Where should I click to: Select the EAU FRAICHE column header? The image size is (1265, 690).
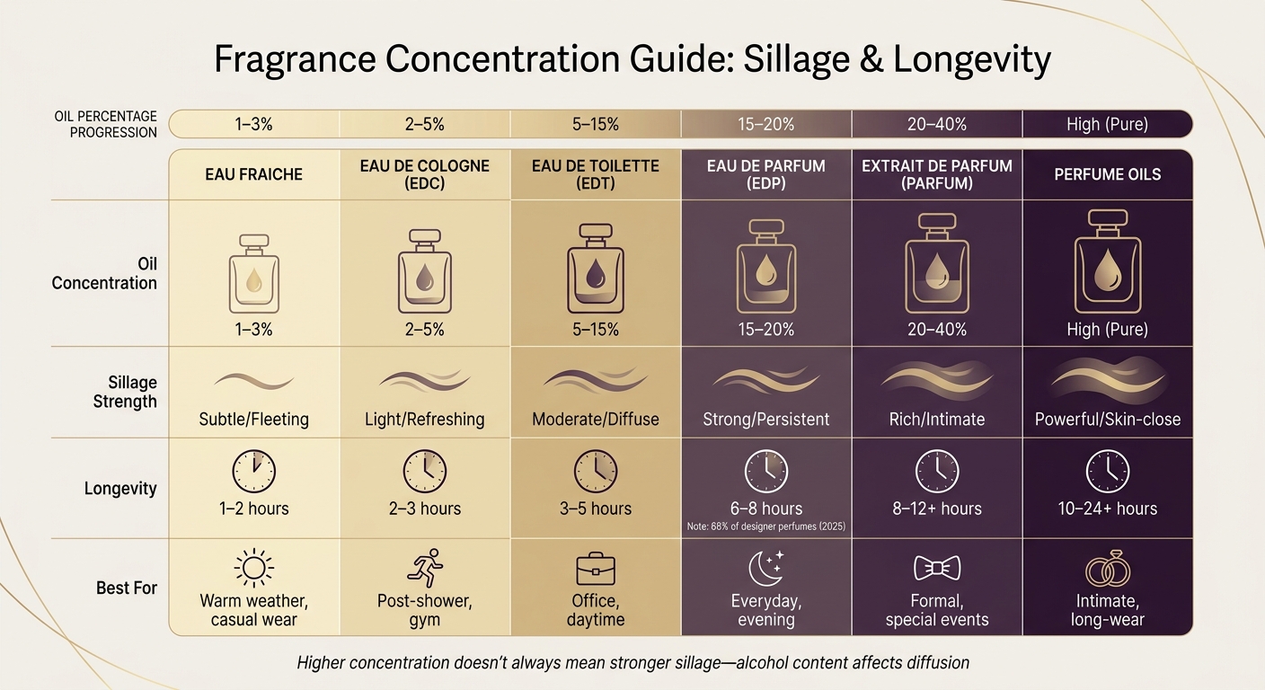253,174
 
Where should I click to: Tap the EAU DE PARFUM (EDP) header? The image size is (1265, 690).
765,174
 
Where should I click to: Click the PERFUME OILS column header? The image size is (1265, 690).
1107,174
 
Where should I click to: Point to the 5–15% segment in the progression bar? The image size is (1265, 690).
595,124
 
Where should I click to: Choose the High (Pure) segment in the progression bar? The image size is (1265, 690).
1107,124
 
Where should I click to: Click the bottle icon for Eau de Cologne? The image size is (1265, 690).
424,270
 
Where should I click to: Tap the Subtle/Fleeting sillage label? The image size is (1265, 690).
253,419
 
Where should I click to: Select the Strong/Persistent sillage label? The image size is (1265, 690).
765,419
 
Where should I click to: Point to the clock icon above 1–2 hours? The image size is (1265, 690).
253,471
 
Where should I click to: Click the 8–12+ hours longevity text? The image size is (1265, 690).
936,509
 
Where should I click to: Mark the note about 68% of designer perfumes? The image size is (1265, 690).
765,526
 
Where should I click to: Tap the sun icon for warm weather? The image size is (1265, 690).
253,569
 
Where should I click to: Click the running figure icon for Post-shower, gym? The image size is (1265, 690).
424,569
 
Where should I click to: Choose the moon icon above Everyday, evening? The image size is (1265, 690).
765,569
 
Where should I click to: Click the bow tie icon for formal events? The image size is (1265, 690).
936,568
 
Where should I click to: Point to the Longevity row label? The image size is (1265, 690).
120,489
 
